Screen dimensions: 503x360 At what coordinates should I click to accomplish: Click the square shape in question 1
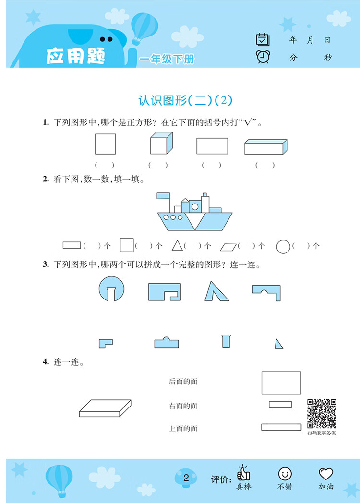click(105, 144)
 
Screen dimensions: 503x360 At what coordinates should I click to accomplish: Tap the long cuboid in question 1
click(265, 147)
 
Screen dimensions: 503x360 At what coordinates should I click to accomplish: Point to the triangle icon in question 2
click(178, 246)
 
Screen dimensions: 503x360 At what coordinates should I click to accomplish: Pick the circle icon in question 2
click(283, 246)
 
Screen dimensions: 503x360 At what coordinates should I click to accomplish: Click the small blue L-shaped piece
click(105, 343)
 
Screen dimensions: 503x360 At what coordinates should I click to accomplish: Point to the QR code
click(322, 413)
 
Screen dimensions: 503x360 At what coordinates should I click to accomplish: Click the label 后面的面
click(183, 382)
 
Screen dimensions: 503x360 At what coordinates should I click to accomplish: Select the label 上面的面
click(183, 429)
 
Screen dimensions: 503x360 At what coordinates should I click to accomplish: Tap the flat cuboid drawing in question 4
click(105, 408)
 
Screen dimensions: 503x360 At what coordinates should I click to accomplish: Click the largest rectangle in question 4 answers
click(281, 383)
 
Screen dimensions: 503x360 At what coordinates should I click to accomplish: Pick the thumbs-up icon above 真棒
click(243, 473)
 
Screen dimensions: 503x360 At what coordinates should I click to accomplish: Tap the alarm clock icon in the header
click(263, 57)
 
